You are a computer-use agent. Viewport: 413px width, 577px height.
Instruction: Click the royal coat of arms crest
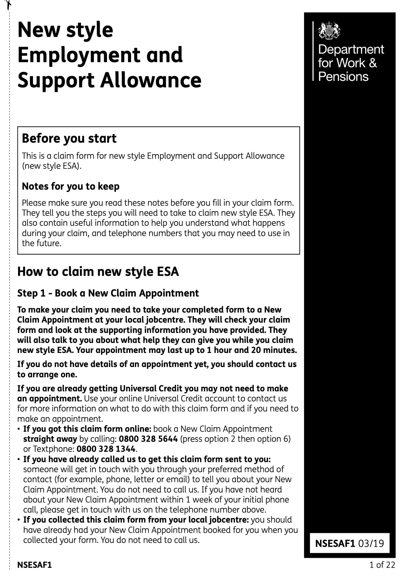(x=329, y=30)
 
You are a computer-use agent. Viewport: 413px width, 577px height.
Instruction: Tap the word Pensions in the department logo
(x=343, y=76)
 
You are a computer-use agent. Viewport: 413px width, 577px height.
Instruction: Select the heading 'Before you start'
(x=69, y=138)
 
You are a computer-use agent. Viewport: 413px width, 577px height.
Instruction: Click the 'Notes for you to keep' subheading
(x=71, y=186)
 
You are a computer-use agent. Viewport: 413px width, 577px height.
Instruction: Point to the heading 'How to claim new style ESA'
(x=98, y=272)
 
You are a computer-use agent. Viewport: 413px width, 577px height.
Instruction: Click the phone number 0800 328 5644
(x=148, y=439)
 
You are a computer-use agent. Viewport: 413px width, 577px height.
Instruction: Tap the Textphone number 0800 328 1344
(x=106, y=449)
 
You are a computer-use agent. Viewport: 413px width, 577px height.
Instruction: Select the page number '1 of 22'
(x=382, y=565)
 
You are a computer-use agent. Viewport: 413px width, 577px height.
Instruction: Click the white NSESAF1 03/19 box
(x=349, y=543)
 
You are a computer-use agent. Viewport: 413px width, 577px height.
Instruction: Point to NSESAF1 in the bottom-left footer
(x=34, y=565)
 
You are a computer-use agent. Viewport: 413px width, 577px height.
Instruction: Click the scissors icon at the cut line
(x=9, y=4)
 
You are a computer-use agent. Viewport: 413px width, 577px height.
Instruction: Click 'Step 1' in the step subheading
(x=31, y=293)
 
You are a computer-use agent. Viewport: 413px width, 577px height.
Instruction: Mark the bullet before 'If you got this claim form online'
(x=19, y=429)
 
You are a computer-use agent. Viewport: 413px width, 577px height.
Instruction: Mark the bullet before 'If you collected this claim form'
(x=19, y=520)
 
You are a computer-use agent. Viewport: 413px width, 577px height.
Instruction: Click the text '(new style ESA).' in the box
(x=52, y=166)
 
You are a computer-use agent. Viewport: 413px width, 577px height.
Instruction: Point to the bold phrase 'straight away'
(x=50, y=439)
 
